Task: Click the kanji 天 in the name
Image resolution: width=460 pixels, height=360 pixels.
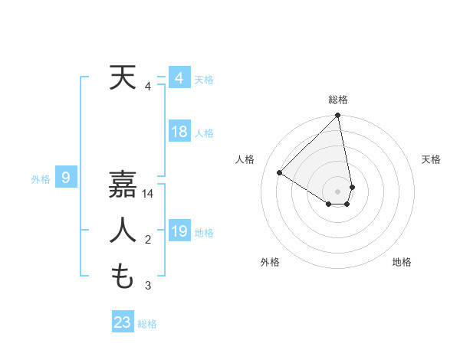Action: tap(123, 78)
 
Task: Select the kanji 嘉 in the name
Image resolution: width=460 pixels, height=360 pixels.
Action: tap(123, 185)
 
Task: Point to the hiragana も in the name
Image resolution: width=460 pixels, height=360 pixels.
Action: tap(123, 276)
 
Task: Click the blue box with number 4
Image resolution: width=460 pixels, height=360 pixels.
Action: tap(179, 78)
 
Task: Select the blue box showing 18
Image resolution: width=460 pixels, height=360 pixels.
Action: tap(179, 132)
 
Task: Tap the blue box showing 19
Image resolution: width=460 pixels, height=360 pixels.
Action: tap(179, 231)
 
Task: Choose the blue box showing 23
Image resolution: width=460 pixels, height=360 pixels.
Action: tap(123, 322)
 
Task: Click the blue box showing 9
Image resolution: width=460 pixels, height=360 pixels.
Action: tap(66, 178)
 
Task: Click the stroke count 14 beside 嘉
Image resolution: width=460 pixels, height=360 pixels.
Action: tap(148, 195)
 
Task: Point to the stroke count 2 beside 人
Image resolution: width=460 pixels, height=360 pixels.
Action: tap(148, 241)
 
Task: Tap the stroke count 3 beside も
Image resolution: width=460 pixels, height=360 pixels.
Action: tap(148, 286)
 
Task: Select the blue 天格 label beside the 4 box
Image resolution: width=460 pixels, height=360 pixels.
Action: tap(204, 80)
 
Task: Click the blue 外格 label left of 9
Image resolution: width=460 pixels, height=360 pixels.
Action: tap(41, 179)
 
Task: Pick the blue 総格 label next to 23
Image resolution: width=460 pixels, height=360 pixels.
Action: tap(147, 324)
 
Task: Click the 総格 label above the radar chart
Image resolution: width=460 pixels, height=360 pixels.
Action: tap(338, 100)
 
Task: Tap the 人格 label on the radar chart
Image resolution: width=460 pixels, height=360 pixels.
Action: tap(245, 159)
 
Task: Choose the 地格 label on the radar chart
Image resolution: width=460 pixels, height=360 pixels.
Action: tap(402, 262)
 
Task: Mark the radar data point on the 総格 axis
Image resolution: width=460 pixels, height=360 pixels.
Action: tap(338, 116)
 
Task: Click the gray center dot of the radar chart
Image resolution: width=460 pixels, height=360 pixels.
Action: tap(338, 191)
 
